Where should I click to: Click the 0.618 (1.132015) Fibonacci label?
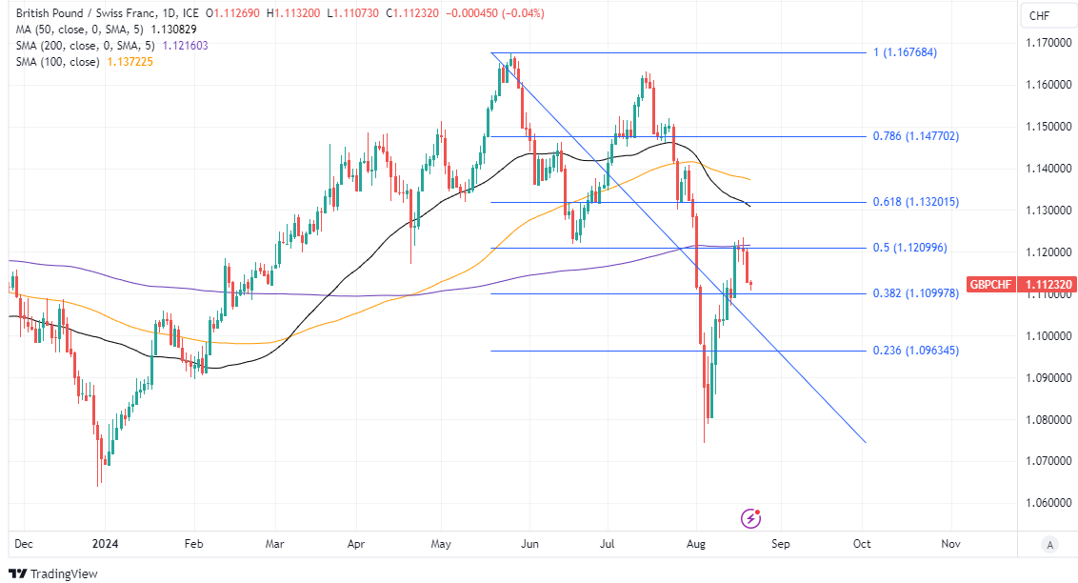(x=915, y=202)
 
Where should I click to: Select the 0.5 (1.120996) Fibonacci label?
(x=911, y=248)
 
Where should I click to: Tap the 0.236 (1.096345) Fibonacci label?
(x=915, y=351)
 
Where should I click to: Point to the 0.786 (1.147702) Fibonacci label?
(x=915, y=136)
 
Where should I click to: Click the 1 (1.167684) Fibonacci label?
(x=905, y=52)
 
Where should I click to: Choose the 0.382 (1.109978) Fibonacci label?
(x=915, y=293)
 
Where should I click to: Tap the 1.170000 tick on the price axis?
(x=1046, y=43)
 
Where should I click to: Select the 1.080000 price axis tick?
(x=1046, y=419)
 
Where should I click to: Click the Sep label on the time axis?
(x=781, y=543)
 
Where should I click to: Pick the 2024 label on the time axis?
(x=105, y=543)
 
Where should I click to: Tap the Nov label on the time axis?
(x=949, y=543)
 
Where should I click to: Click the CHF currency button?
(x=1040, y=16)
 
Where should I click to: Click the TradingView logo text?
(x=64, y=573)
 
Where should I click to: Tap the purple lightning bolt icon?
(x=751, y=518)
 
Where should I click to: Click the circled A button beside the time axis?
(x=1048, y=544)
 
